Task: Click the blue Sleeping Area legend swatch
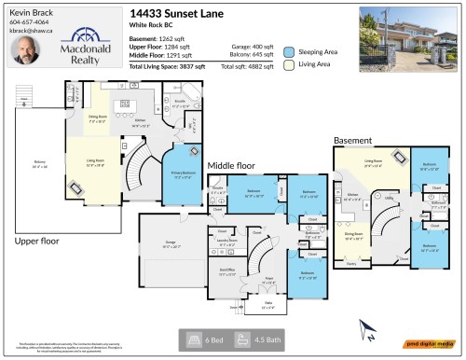coord(291,52)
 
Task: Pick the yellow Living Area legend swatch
coord(291,65)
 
